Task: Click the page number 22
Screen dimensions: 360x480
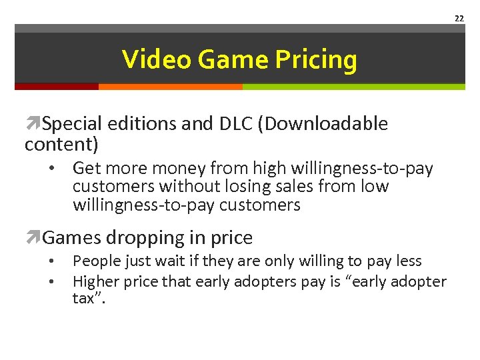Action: click(x=459, y=19)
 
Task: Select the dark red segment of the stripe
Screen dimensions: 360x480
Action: click(x=57, y=86)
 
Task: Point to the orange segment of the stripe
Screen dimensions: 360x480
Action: click(x=170, y=86)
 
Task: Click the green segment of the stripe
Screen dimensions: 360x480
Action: click(x=353, y=86)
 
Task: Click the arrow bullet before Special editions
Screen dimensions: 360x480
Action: click(x=33, y=124)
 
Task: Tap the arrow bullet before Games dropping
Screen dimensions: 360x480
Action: click(x=33, y=238)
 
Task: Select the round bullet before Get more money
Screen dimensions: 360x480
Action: click(x=51, y=169)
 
